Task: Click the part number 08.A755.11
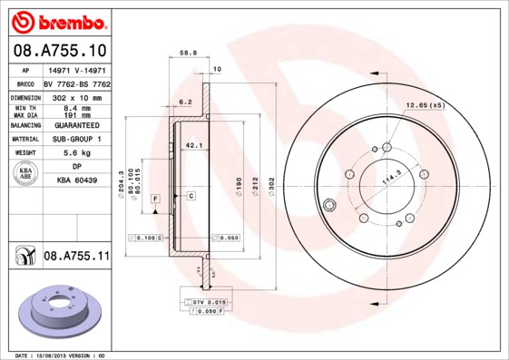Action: click(x=76, y=258)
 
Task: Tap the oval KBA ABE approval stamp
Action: click(x=25, y=174)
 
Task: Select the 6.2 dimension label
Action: click(x=185, y=102)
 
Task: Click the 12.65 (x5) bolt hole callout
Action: click(x=426, y=106)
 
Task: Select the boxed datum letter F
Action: click(x=155, y=197)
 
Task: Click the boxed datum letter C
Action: click(x=191, y=196)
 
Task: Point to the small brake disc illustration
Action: click(x=57, y=313)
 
